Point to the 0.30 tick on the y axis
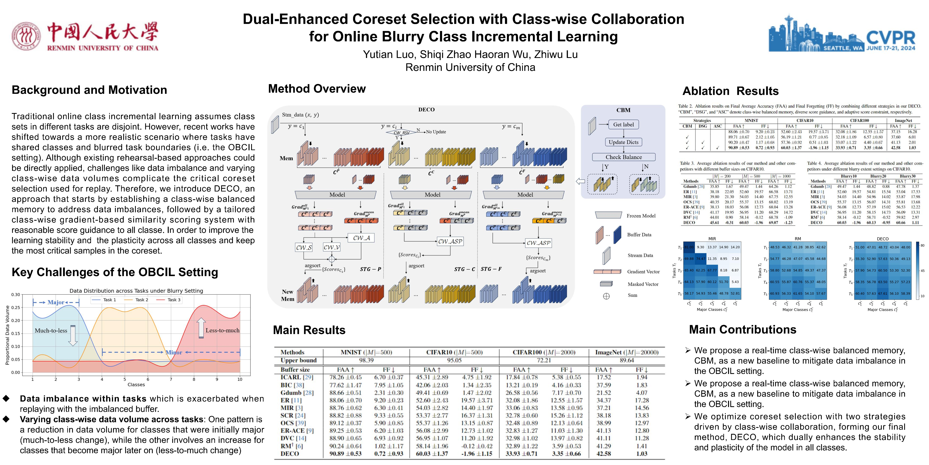15,295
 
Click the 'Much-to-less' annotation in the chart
51,330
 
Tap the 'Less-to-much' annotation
222,330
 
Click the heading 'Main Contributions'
742,330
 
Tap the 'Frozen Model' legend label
641,216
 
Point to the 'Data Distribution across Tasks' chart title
136,291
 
